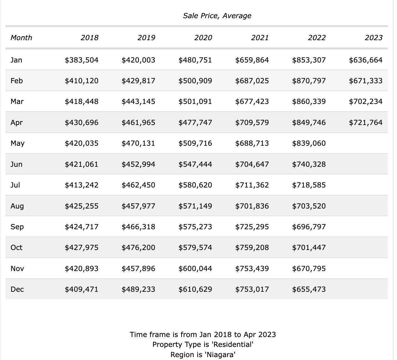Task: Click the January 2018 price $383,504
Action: (82, 60)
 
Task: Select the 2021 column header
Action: (260, 38)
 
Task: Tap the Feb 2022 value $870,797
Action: (309, 81)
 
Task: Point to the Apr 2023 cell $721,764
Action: (365, 122)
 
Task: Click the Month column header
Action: (21, 38)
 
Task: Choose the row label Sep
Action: (17, 227)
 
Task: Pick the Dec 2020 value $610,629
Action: (195, 289)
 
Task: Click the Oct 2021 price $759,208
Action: (252, 247)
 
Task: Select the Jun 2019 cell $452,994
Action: (138, 164)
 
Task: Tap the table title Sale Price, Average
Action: (217, 16)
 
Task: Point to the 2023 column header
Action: (374, 38)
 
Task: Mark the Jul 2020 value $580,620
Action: (195, 185)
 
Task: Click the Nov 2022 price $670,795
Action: (309, 269)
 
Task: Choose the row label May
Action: (18, 143)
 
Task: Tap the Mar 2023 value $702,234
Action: (365, 101)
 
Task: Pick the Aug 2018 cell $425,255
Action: (82, 206)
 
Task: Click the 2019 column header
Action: (146, 38)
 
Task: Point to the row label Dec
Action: (17, 289)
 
